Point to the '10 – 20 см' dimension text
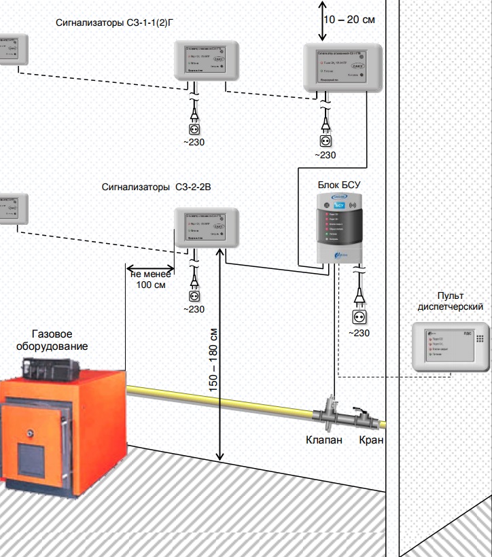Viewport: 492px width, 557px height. (349, 20)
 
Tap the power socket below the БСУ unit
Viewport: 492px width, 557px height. (359, 317)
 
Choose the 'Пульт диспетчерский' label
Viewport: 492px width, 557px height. (455, 301)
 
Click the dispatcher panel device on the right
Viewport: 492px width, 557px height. (451, 346)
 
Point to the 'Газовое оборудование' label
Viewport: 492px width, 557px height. (60, 340)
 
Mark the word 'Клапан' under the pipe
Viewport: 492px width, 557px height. (324, 440)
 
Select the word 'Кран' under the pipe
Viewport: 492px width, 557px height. (371, 440)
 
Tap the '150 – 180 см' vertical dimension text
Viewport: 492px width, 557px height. (213, 359)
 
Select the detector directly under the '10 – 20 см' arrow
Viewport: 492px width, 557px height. (342, 68)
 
